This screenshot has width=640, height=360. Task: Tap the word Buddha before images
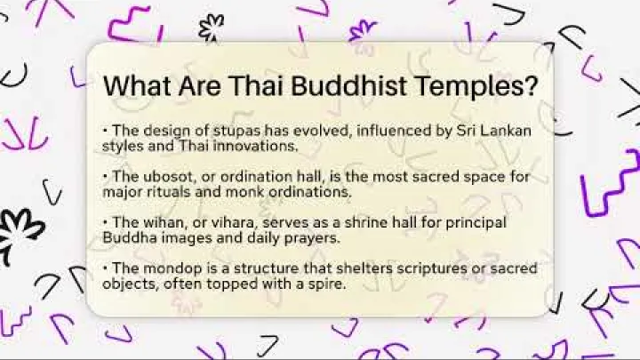click(128, 237)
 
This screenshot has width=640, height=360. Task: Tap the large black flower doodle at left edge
click(20, 233)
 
